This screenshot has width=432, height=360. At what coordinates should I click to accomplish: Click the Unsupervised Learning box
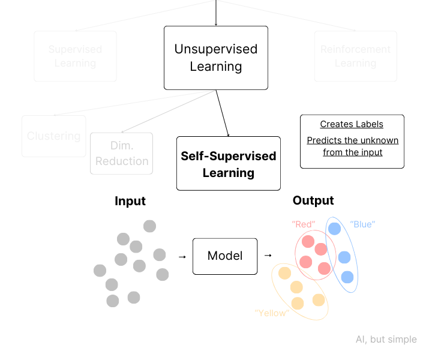click(216, 58)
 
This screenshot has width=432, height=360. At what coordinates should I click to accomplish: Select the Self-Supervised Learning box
click(229, 164)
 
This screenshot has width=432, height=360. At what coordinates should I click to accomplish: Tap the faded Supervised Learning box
click(75, 56)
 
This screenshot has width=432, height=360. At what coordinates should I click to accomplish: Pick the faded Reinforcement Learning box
click(355, 56)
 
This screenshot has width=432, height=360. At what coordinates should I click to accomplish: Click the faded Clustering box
click(53, 136)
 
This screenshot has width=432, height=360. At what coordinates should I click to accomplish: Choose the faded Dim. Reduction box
click(121, 154)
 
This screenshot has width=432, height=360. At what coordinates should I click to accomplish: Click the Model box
click(225, 256)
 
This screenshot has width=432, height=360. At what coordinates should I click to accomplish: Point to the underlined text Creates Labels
click(352, 124)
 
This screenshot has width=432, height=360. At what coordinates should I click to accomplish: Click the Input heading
click(130, 201)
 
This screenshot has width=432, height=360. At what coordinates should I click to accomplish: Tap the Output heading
click(313, 200)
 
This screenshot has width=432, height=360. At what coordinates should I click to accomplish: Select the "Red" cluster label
click(303, 224)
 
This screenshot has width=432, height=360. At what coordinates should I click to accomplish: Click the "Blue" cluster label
click(362, 224)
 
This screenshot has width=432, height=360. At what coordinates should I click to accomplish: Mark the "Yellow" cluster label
click(272, 313)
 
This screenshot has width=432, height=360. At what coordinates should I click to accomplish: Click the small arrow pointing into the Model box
click(182, 257)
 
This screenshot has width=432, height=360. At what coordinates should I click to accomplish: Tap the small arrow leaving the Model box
click(268, 256)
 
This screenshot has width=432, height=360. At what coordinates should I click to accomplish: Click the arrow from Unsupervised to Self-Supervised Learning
click(222, 113)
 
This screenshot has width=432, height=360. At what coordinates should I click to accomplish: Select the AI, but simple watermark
click(386, 340)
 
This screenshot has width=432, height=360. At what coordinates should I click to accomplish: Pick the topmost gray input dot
click(149, 226)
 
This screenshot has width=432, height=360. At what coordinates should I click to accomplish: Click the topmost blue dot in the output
click(334, 229)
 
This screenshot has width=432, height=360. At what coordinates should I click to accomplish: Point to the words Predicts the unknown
click(352, 140)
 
